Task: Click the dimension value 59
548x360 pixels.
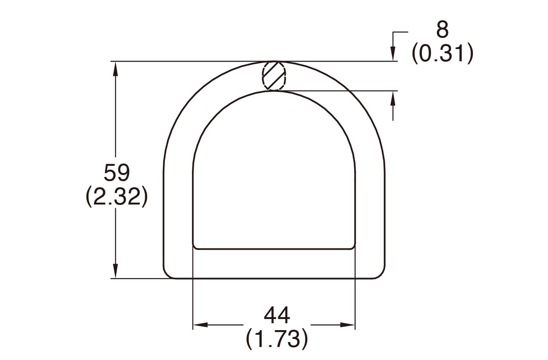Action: [x=117, y=173]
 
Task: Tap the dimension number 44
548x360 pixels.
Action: [x=277, y=315]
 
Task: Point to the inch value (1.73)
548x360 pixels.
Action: [x=277, y=339]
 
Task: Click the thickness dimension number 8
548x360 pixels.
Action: [x=442, y=29]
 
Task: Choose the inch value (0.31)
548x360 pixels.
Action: [x=442, y=53]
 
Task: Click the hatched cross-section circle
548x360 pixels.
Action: [x=274, y=76]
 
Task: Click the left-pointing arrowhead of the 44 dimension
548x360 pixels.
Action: [x=200, y=325]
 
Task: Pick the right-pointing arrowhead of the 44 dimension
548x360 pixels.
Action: [x=348, y=325]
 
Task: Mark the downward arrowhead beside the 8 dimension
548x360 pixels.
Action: [x=393, y=54]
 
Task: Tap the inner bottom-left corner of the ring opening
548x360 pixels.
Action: [x=195, y=247]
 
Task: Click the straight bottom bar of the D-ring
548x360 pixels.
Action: [x=274, y=264]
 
